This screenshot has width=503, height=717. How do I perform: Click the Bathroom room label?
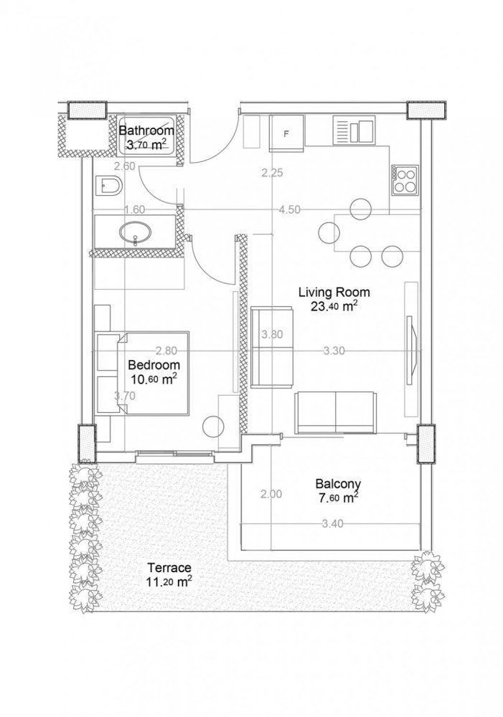pyautogui.click(x=146, y=131)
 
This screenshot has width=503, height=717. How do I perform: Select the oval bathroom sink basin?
pyautogui.click(x=136, y=232)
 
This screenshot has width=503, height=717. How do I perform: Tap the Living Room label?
pyautogui.click(x=334, y=293)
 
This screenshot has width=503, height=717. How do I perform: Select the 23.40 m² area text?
pyautogui.click(x=334, y=307)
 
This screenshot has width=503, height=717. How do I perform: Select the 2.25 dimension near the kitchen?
pyautogui.click(x=273, y=173)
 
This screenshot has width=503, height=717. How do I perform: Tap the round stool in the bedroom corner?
pyautogui.click(x=214, y=427)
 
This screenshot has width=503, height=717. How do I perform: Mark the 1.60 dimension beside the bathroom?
pyautogui.click(x=135, y=209)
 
